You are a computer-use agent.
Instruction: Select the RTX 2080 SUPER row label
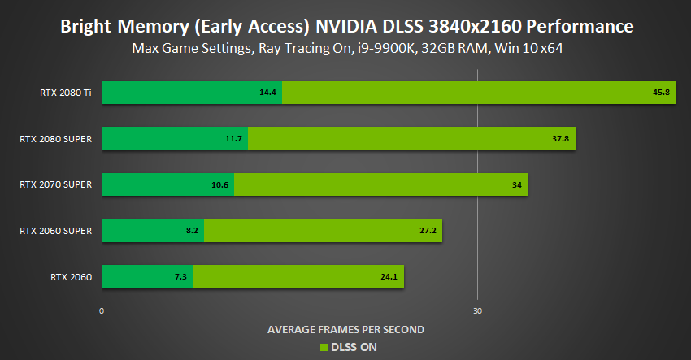[55, 139]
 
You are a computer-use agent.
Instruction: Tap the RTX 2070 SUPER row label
[55, 184]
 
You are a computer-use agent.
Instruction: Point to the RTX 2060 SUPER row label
[55, 231]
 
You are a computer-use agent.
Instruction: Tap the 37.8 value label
[560, 139]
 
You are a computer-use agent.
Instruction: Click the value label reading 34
[517, 184]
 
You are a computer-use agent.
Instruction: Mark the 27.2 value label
[427, 231]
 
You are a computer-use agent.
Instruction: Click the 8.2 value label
[192, 231]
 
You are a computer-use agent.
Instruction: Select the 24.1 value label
[389, 277]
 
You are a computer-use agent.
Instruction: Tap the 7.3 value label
[180, 277]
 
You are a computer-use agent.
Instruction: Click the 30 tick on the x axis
[478, 310]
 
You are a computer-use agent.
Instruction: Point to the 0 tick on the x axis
[102, 310]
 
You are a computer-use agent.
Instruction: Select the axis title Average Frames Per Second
[345, 329]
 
